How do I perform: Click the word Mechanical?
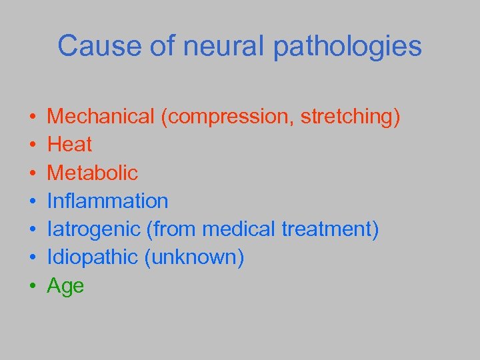(101, 117)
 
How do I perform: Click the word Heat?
(70, 145)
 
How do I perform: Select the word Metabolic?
(93, 173)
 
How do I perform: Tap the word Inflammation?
(108, 201)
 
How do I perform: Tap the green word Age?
(65, 287)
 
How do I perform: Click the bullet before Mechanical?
(33, 118)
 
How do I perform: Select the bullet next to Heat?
(33, 146)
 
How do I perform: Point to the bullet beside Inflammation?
(33, 202)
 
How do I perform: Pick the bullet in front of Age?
(33, 287)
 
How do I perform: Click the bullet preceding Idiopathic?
(33, 259)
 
